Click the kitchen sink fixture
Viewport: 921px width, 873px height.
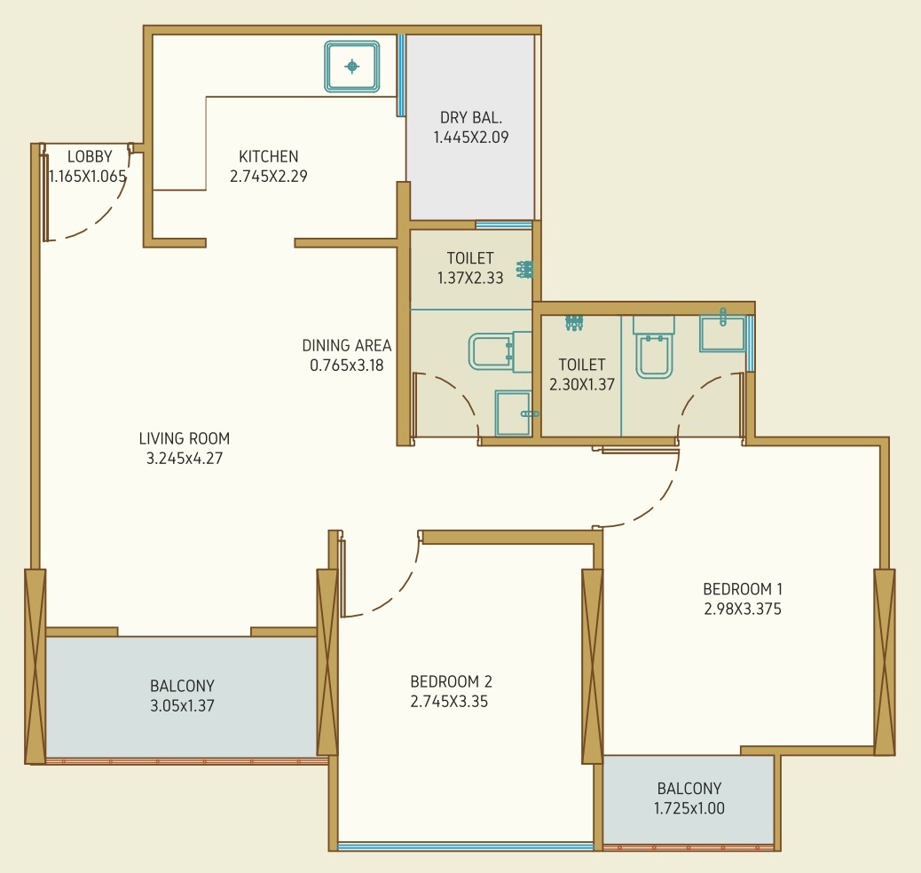[x=352, y=67]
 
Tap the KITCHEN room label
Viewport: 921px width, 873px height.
[x=269, y=157]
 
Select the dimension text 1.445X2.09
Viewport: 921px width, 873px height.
[x=471, y=138]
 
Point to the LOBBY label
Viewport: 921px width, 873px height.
[x=90, y=157]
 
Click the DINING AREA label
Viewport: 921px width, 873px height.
[x=347, y=345]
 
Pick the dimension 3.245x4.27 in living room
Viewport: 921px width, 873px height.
[x=185, y=459]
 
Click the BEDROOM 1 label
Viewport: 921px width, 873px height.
[x=743, y=589]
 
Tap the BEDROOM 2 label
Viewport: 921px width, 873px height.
[x=451, y=682]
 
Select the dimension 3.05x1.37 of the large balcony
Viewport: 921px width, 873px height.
[x=182, y=706]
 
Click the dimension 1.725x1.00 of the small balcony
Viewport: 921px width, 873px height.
[x=689, y=808]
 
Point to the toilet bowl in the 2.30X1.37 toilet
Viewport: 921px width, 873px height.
[x=654, y=348]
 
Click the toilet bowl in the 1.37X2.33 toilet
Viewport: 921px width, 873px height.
[x=500, y=352]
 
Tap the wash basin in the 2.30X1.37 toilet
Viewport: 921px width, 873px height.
[x=722, y=333]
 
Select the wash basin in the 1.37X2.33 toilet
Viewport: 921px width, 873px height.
[x=514, y=413]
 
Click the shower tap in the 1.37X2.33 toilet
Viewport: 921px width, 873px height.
[x=524, y=270]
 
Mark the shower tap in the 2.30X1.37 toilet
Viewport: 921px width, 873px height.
[x=574, y=323]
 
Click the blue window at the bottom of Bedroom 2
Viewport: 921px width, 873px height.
[x=466, y=846]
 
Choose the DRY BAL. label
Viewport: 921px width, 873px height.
[x=471, y=118]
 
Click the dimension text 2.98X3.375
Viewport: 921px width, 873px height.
[x=743, y=610]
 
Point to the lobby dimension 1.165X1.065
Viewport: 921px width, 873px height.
[x=88, y=177]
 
